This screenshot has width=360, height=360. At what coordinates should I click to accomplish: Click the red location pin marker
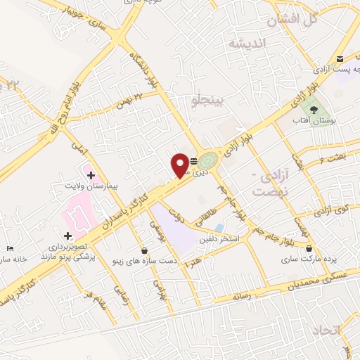coord(180,165)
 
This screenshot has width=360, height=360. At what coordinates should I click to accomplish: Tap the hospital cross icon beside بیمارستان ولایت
coord(91,173)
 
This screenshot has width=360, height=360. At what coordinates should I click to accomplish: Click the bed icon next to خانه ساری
coord(9,249)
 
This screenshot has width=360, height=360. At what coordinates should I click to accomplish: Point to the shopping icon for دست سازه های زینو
coord(144,250)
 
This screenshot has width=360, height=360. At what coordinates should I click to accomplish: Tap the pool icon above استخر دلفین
coord(220,229)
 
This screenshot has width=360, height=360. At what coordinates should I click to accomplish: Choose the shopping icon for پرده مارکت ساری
coord(309,247)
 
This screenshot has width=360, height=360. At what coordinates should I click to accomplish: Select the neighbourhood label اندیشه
coord(245,43)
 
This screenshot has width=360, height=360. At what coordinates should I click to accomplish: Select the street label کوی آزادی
coord(331,210)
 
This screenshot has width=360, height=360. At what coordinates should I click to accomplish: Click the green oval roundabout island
coord(208,159)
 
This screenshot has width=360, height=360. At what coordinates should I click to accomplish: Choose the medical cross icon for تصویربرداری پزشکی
coord(67,236)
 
